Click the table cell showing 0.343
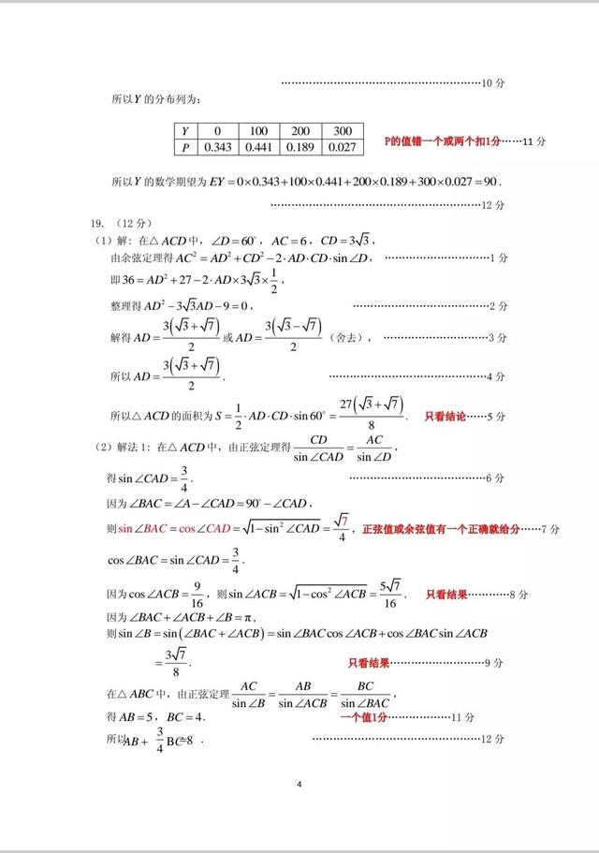coord(217,147)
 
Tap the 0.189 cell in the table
coord(301,147)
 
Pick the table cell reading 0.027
coord(343,147)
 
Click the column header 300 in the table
coord(343,131)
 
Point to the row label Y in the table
coord(185,131)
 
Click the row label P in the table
coord(185,147)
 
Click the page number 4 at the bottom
coord(299,784)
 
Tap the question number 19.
coord(95,224)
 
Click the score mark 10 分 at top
coord(493,83)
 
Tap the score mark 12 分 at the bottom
coord(492,739)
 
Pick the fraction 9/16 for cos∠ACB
coord(197,594)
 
